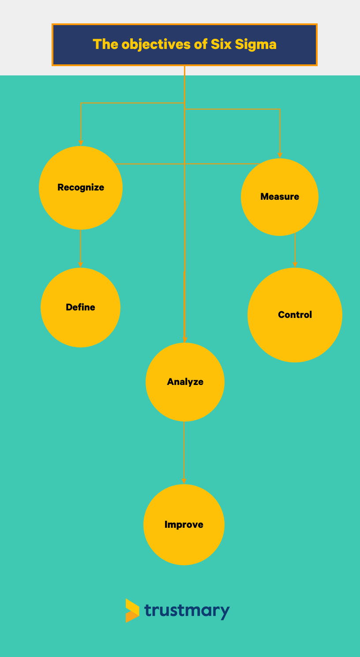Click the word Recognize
(81, 187)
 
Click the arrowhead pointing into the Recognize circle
(81, 142)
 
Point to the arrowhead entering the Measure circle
(280, 155)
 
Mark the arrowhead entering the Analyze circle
(185, 339)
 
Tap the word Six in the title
(221, 45)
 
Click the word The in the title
(105, 45)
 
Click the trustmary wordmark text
(187, 611)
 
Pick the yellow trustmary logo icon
(132, 611)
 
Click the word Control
(295, 315)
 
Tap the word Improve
(184, 525)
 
